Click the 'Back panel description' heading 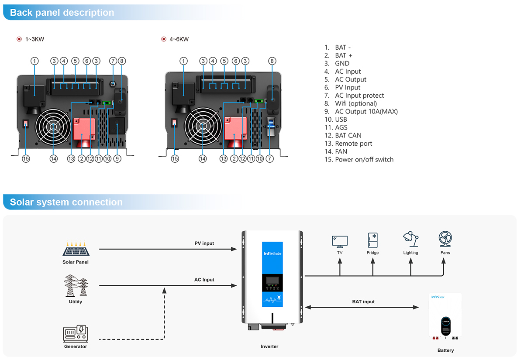pos(62,13)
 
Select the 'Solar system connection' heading pos(66,202)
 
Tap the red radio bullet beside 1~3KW pos(19,39)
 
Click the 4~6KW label pos(179,39)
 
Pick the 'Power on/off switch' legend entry pos(359,160)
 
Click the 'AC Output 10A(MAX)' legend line pos(361,112)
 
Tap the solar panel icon pos(76,248)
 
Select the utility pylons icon pos(76,285)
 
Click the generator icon pos(76,333)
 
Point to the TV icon pos(340,242)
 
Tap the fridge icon pos(372,240)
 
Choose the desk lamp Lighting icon pos(411,239)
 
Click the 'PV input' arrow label pos(204,243)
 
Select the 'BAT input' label pos(363,302)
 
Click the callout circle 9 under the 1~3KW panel pos(117,159)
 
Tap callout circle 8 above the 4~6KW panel pos(272,61)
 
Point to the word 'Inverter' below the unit pos(269,346)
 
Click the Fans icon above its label pos(445,239)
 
